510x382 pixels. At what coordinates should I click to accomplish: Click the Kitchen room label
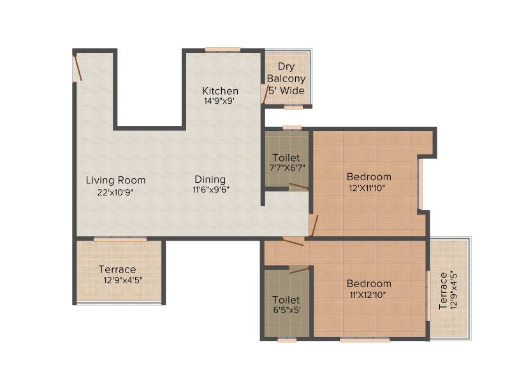(x=220, y=90)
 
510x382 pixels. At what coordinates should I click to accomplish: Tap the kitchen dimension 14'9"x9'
(x=219, y=101)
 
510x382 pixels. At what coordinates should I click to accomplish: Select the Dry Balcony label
(x=286, y=73)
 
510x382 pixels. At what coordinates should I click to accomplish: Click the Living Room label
(x=115, y=180)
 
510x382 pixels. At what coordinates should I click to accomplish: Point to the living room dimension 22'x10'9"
(x=115, y=192)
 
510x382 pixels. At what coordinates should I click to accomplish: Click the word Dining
(x=210, y=180)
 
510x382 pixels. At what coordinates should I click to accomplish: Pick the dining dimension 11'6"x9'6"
(x=211, y=189)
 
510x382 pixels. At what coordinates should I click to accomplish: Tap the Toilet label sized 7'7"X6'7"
(x=286, y=157)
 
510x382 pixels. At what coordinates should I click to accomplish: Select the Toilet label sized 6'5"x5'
(x=286, y=299)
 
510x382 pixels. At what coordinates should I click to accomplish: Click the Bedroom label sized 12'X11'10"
(x=369, y=177)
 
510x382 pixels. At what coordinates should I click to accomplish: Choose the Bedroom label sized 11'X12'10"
(x=369, y=283)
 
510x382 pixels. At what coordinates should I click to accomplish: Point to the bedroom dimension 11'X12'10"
(x=368, y=295)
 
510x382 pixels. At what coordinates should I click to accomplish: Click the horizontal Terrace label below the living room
(x=117, y=269)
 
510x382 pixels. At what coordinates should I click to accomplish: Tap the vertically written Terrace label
(x=443, y=291)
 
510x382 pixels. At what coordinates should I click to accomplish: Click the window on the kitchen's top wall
(x=222, y=50)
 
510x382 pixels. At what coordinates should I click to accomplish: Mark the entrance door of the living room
(x=77, y=68)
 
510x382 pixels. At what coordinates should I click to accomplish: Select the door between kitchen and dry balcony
(x=265, y=95)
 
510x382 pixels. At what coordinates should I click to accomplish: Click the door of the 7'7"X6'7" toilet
(x=299, y=186)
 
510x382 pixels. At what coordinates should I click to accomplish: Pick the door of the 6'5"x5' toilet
(x=300, y=269)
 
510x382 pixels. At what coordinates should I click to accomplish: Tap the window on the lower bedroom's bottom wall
(x=365, y=340)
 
